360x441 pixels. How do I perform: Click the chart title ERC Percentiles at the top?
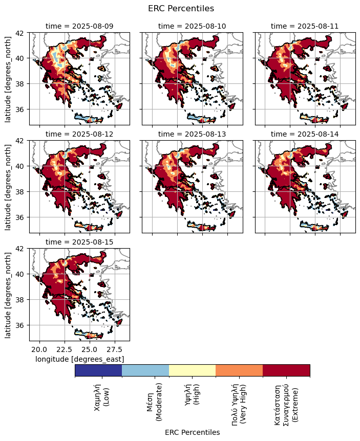[x=180, y=8]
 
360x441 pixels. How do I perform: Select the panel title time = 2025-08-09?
[x=79, y=26]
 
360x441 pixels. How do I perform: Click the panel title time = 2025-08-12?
[x=79, y=134]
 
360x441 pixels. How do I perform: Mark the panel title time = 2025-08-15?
[x=79, y=241]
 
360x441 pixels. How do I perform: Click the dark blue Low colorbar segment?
[x=98, y=370]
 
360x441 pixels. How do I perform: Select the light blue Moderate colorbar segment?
[x=145, y=370]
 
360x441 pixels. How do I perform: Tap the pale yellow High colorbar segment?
[x=192, y=370]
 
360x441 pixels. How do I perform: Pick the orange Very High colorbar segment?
[x=239, y=370]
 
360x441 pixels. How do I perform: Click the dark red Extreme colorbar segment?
[x=286, y=370]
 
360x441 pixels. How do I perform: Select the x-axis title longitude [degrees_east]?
[x=79, y=359]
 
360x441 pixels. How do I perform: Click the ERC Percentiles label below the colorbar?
[x=192, y=432]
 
